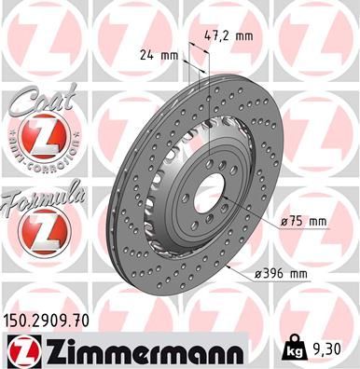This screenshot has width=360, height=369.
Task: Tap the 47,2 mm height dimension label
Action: pyautogui.click(x=228, y=36)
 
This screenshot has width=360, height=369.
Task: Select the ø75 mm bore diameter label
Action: pyautogui.click(x=304, y=222)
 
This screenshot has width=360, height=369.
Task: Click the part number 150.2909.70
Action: pyautogui.click(x=47, y=320)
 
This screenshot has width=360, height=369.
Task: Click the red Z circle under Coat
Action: pyautogui.click(x=38, y=141)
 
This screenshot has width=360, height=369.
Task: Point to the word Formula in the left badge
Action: pyautogui.click(x=43, y=195)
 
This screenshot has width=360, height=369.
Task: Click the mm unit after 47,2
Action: pyautogui.click(x=244, y=36)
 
